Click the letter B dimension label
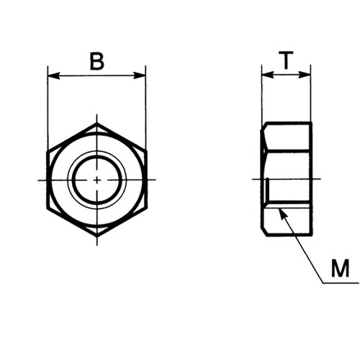[x=97, y=61]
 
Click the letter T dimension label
[x=286, y=60]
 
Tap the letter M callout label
[x=340, y=268]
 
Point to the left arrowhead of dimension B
[x=54, y=76]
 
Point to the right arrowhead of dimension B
[x=140, y=76]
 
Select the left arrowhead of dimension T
[x=268, y=75]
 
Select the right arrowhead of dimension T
[x=305, y=75]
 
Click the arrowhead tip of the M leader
[x=279, y=209]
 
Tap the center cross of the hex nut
[x=97, y=179]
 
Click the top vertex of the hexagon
[x=97, y=123]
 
